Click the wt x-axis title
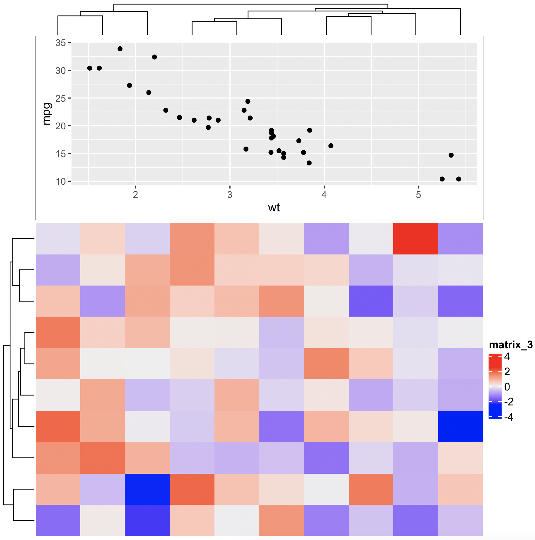274,208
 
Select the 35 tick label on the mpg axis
61,43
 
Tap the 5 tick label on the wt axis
418,195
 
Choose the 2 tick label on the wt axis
135,195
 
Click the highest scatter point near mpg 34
120,49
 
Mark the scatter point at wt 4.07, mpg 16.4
331,146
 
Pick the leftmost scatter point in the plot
90,68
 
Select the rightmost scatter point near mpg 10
459,179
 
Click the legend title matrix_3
511,345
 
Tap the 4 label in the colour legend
507,357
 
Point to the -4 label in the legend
509,417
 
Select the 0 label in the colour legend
507,387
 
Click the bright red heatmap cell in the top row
415,238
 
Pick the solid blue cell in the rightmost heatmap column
460,426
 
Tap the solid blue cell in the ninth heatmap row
147,489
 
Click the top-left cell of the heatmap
58,238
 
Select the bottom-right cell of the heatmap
460,520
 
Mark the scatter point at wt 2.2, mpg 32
154,57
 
